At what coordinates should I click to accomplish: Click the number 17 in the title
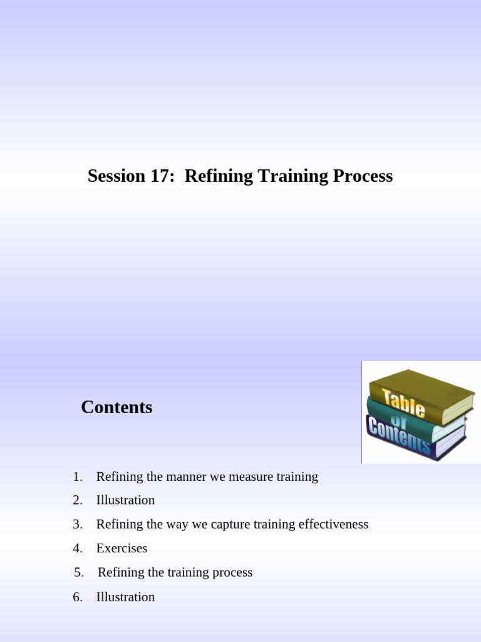(x=160, y=176)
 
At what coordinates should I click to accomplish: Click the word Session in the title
(x=116, y=176)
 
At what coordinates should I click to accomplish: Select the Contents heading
(x=116, y=408)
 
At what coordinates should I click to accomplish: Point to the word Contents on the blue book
(x=399, y=434)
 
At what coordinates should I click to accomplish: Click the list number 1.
(x=77, y=476)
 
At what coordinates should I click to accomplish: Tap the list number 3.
(x=77, y=524)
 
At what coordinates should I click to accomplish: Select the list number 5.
(x=78, y=572)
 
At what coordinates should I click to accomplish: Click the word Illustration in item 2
(x=125, y=500)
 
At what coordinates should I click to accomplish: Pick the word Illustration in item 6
(x=125, y=597)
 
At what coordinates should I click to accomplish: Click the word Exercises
(x=122, y=549)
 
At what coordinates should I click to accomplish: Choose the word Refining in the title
(x=212, y=176)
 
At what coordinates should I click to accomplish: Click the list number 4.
(x=77, y=549)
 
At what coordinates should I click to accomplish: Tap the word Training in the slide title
(x=282, y=176)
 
